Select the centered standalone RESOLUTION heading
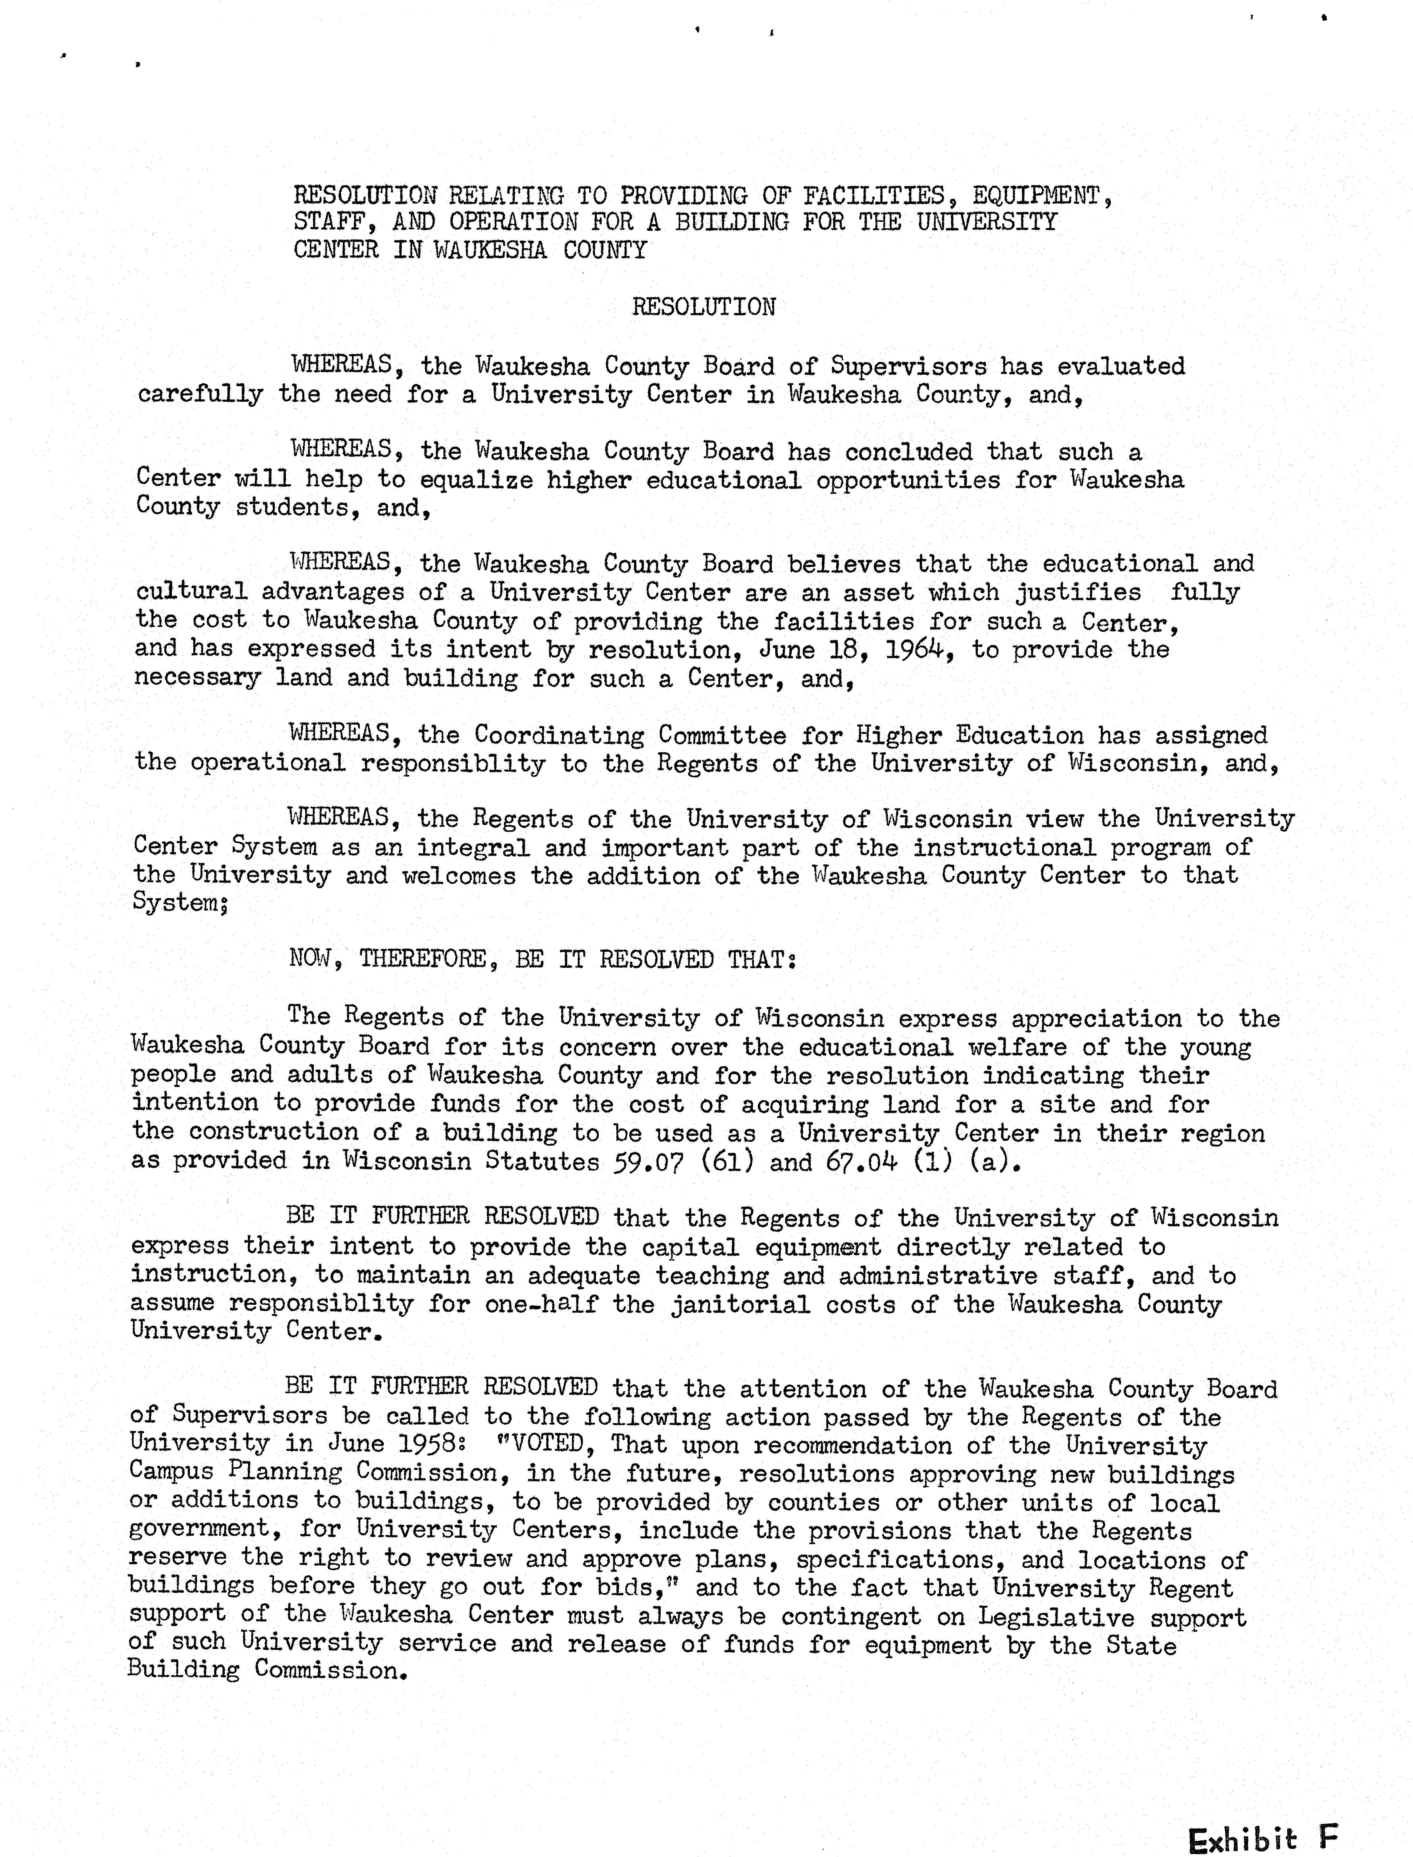(x=703, y=306)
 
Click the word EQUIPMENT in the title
(x=1041, y=196)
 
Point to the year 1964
(x=918, y=649)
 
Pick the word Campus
(x=170, y=1473)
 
